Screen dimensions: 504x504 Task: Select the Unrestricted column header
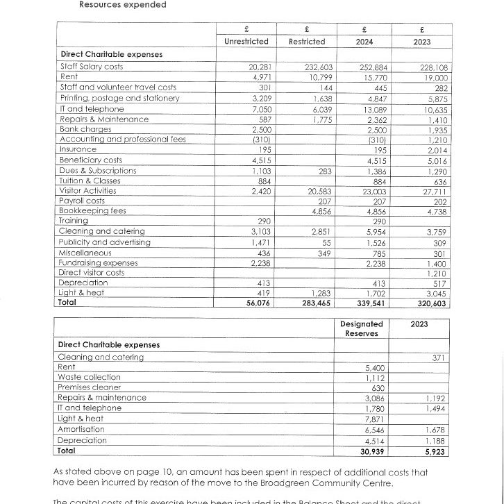click(246, 42)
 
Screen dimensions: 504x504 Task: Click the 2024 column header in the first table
click(365, 42)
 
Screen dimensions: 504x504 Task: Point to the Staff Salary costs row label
click(90, 67)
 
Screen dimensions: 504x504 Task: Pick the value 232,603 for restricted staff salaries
click(310, 67)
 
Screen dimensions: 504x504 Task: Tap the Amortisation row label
click(81, 429)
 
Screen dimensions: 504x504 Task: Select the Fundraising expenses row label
click(98, 262)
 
